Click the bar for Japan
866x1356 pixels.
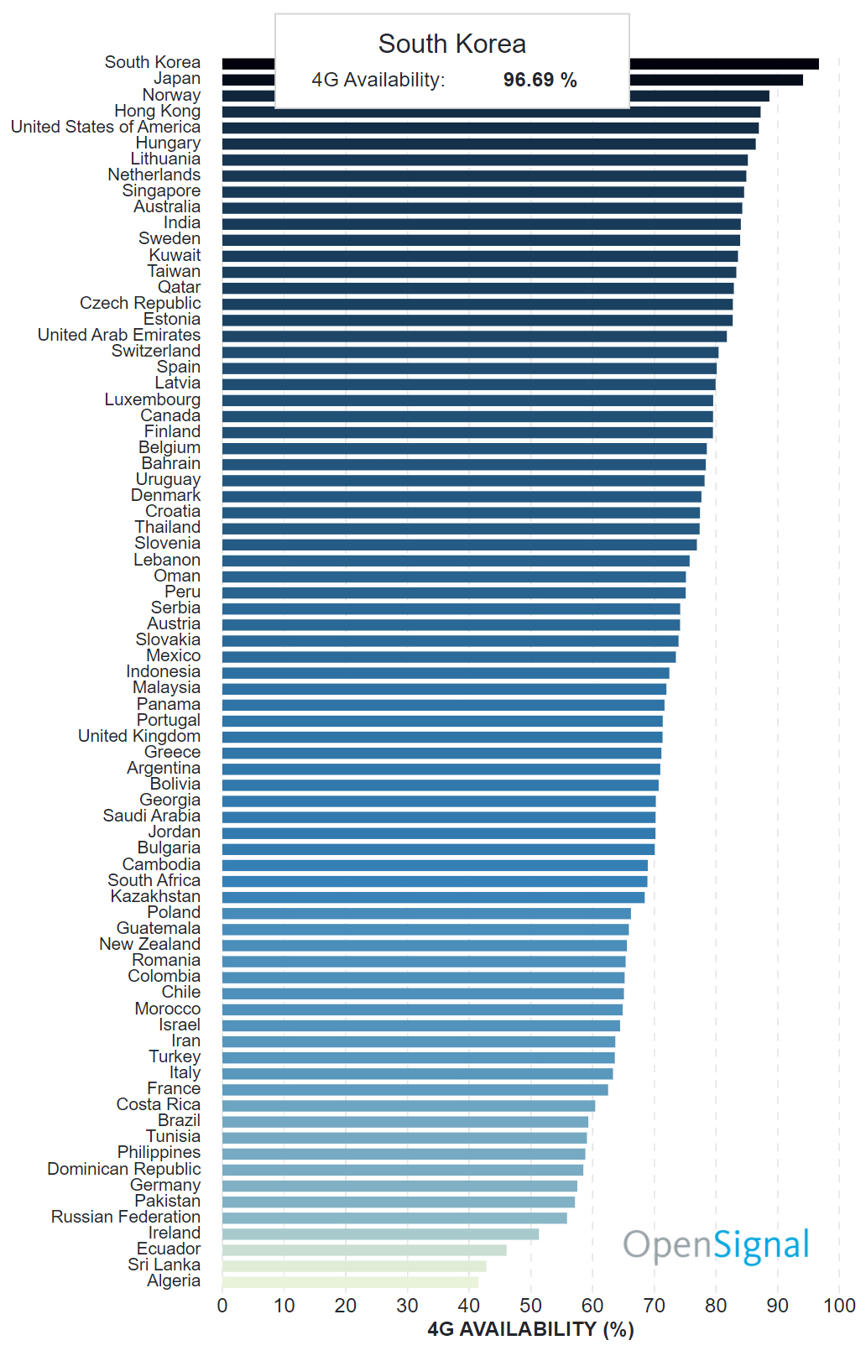pos(713,80)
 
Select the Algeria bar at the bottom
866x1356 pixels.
pos(350,1281)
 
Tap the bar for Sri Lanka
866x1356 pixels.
pos(354,1265)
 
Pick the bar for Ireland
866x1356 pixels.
pos(380,1233)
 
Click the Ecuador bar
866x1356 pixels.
pos(364,1249)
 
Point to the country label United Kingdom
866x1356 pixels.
pos(139,736)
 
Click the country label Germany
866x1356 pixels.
pos(165,1185)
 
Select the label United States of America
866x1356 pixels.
pos(106,127)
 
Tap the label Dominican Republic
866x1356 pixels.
pos(124,1169)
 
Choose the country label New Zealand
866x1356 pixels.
pos(150,944)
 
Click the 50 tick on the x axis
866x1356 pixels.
pos(530,1306)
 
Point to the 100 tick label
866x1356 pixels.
pos(839,1306)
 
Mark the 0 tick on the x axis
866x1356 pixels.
pos(222,1306)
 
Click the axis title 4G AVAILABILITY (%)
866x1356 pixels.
pos(530,1330)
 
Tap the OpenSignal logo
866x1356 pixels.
pos(716,1245)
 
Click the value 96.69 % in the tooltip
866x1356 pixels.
pos(540,80)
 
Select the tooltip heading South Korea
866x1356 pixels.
pos(451,44)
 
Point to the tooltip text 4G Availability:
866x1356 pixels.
pos(378,80)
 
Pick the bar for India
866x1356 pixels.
pos(481,224)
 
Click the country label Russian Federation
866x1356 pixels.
pos(126,1217)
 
